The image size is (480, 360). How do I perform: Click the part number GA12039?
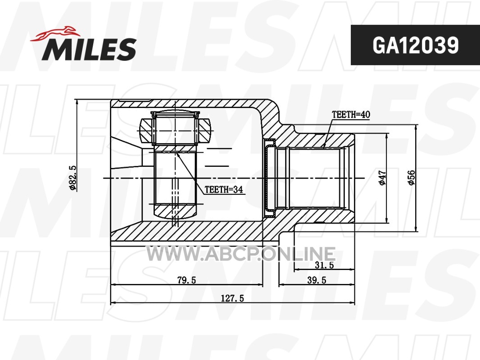coord(416,45)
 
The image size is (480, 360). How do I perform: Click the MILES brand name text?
coord(89,49)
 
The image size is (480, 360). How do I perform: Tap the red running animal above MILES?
coord(55,33)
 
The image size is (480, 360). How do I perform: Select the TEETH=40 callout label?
coord(351,115)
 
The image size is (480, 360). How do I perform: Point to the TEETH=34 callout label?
coord(223,189)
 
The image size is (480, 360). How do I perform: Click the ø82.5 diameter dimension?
coord(72,178)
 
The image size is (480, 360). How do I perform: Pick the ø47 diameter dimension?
coord(382,178)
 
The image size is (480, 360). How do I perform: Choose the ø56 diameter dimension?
coord(411,178)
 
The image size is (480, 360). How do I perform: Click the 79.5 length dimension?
coord(186,280)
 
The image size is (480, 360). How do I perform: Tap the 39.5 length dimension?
coord(317,280)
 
